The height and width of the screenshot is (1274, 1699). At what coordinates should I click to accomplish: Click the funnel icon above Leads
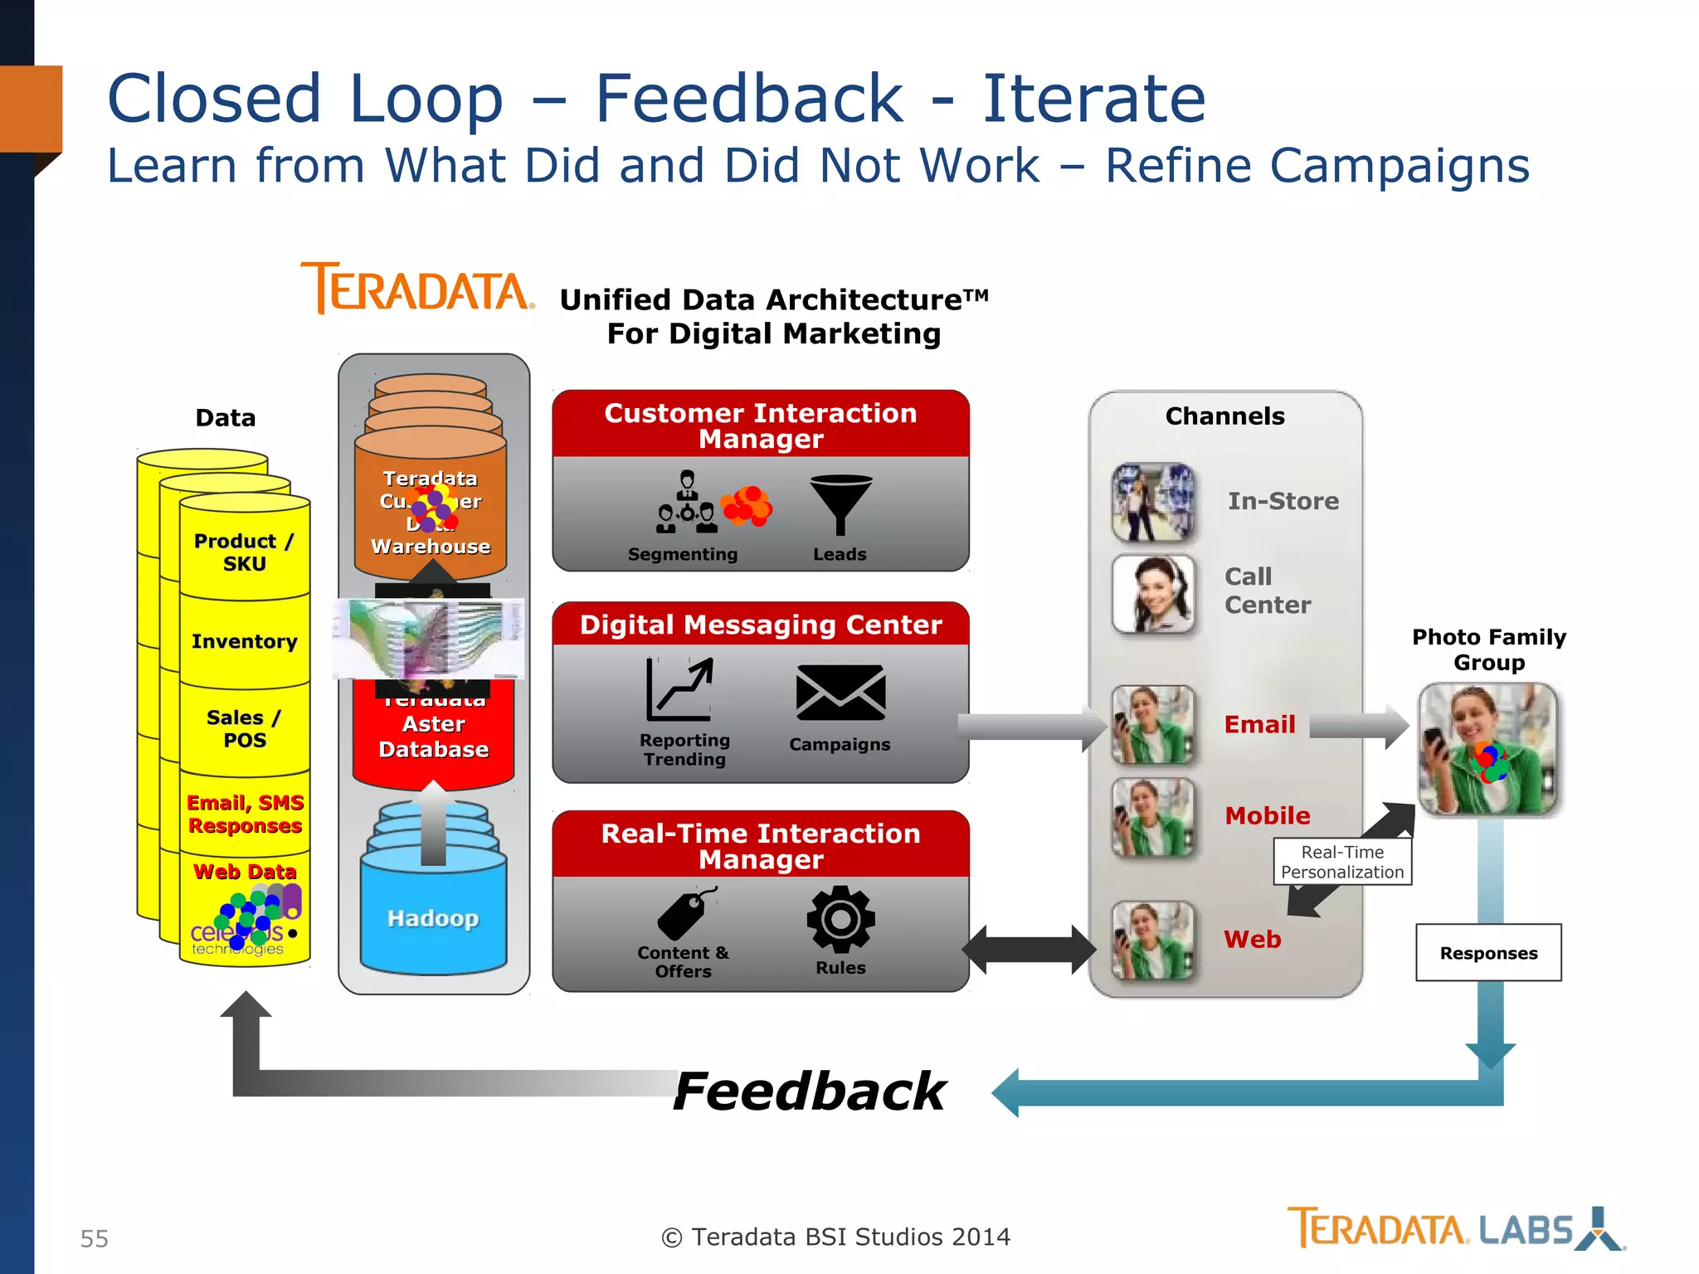pos(840,503)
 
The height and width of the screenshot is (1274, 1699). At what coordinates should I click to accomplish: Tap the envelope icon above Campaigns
pos(840,693)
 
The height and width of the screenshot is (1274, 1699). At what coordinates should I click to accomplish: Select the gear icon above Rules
pos(840,919)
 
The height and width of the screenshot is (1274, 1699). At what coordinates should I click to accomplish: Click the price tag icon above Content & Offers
pos(685,914)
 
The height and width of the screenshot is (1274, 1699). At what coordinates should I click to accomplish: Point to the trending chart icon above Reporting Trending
pos(679,689)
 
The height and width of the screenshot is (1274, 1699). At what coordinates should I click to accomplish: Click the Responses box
pos(1488,953)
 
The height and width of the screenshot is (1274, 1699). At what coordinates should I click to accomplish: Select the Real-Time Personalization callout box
pos(1342,862)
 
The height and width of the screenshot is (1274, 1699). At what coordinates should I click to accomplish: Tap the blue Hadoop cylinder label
pos(433,918)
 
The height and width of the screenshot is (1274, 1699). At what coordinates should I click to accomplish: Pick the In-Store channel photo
pos(1154,502)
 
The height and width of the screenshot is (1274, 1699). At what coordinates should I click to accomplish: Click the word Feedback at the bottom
pos(810,1092)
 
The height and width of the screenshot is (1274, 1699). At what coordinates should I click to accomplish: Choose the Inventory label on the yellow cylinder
pos(244,641)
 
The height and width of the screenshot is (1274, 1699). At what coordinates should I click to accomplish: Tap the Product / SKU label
pos(244,552)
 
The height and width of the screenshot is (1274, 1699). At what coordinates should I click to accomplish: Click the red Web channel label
pos(1253,940)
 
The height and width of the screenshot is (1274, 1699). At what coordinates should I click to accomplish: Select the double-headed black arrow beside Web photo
pos(1029,950)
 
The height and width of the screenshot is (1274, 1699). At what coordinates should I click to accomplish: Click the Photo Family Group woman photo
pos(1487,749)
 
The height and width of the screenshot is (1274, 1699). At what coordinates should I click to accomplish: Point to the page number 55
pos(95,1238)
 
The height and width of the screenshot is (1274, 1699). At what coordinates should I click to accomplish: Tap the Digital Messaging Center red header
pos(761,625)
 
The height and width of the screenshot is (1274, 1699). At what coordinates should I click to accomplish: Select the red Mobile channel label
pos(1268,816)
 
